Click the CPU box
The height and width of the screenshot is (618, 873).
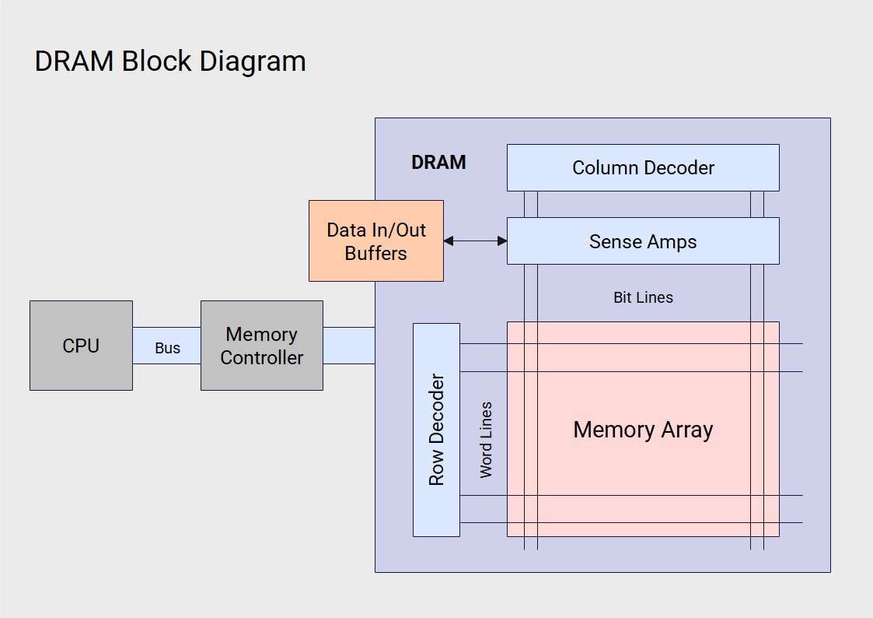tap(81, 346)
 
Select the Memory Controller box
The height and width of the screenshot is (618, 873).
tap(261, 346)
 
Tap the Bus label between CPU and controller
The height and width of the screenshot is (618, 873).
tap(167, 348)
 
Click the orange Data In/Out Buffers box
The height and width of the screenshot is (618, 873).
tap(375, 241)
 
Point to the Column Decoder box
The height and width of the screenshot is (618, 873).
tap(643, 167)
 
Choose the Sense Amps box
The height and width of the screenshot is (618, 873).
tap(643, 241)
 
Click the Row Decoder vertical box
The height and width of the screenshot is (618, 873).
tap(436, 430)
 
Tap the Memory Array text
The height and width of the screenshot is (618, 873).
tap(643, 430)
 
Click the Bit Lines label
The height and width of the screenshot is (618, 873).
tap(643, 297)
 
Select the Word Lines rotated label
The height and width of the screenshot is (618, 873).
tap(486, 439)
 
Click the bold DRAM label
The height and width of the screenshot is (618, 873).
tap(438, 163)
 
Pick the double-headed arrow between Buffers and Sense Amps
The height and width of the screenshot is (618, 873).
tap(475, 241)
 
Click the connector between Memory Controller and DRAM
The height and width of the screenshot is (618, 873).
tap(348, 346)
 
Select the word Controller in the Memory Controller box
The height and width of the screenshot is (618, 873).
tap(261, 358)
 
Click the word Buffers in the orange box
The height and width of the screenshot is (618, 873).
tap(375, 254)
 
